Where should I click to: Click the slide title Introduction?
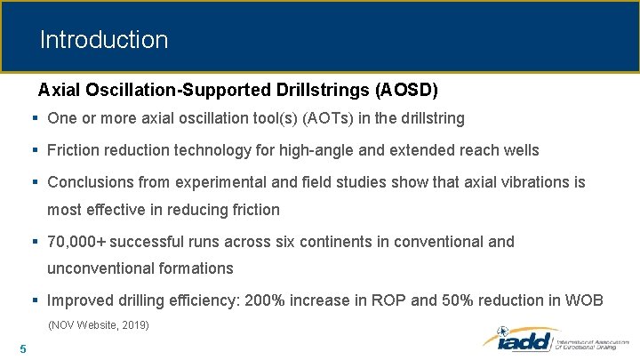[103, 40]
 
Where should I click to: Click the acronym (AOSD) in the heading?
[406, 90]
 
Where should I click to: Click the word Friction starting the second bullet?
[74, 150]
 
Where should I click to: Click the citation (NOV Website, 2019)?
[98, 325]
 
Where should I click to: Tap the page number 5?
[22, 348]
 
